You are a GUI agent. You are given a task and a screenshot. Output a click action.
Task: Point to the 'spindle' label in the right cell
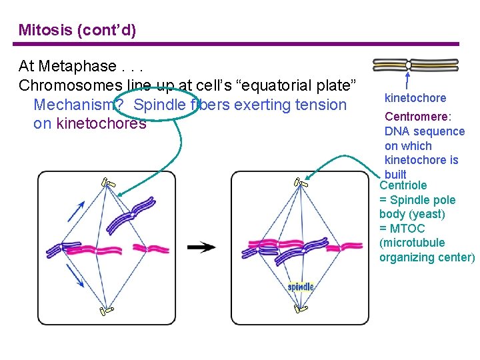(301, 287)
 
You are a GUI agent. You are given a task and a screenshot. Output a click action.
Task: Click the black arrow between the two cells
(201, 247)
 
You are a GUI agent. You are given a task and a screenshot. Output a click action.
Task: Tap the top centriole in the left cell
(107, 183)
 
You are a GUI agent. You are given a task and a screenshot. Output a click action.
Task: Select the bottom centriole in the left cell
(107, 310)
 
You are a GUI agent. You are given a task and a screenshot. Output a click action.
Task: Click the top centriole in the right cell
(301, 183)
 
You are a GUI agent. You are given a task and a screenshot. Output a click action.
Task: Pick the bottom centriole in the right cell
(301, 308)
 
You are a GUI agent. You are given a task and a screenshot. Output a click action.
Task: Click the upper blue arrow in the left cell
(76, 211)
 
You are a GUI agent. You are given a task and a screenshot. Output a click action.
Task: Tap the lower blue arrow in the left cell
(76, 276)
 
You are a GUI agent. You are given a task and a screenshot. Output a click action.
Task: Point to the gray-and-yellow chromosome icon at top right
(415, 65)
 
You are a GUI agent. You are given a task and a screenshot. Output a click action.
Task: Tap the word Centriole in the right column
(403, 185)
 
